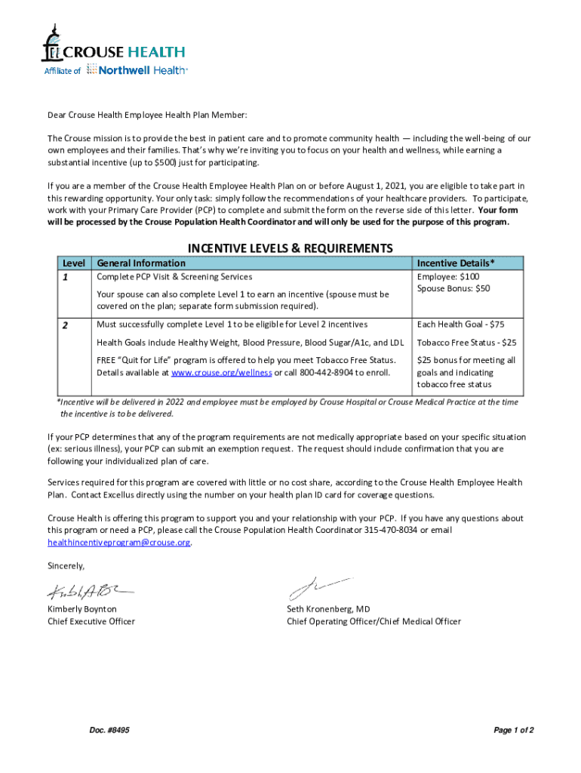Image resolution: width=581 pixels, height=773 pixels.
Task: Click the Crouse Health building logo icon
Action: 52,43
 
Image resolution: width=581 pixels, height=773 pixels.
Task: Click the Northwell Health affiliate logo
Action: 137,69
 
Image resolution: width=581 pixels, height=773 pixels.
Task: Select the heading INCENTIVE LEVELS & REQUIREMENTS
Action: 290,248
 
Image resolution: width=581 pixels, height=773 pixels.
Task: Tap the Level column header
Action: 73,263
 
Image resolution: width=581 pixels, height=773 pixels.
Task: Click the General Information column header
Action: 141,263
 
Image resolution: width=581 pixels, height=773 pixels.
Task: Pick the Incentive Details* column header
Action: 456,263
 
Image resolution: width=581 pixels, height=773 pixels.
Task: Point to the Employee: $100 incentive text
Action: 447,277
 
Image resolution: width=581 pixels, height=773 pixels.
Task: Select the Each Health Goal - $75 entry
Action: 460,324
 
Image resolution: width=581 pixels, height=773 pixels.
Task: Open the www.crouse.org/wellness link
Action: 222,373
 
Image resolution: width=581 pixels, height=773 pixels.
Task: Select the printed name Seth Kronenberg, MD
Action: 328,608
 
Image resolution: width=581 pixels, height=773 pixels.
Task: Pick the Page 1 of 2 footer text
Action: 514,730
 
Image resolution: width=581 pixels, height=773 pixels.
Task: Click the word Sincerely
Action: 66,565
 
